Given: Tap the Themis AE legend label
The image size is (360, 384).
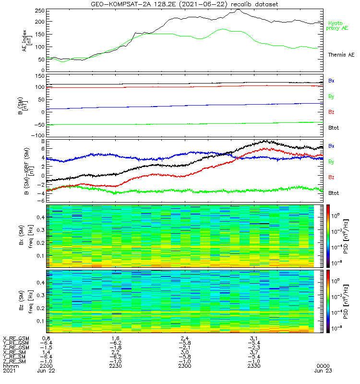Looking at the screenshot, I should click(341, 55).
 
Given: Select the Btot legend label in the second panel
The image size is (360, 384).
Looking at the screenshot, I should click(334, 128).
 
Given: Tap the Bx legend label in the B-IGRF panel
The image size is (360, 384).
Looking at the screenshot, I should click(331, 145).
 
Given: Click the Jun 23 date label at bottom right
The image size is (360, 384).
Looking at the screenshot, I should click(321, 371).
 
